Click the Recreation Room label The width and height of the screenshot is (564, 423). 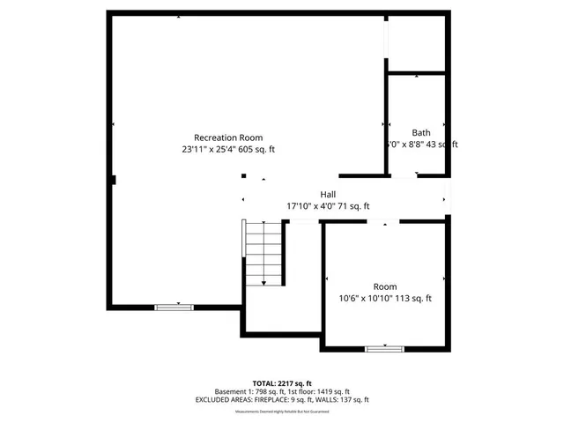coord(228,137)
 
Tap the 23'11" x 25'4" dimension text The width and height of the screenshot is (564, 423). coord(228,150)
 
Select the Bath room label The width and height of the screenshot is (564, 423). coord(421,132)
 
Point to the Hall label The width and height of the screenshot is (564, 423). coord(328,194)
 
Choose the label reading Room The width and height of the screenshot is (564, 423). coord(385,286)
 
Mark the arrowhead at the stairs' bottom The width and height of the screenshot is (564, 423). coord(264,282)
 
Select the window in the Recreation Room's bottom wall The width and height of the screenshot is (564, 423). coord(174,307)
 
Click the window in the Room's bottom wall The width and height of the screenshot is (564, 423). coord(384,349)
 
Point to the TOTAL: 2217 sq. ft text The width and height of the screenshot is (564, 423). coord(282,382)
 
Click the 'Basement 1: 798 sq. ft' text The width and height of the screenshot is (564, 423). coord(249,391)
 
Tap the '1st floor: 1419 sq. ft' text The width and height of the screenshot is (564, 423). coord(317,391)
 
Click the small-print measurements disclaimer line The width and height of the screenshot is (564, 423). coord(282,412)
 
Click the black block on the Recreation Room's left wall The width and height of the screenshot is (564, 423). coord(113,181)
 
